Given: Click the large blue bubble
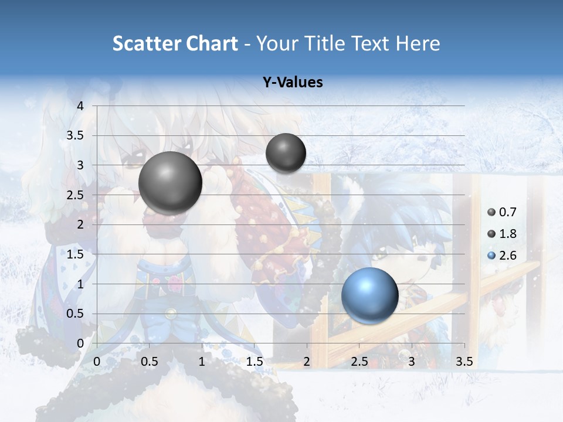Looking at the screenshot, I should (369, 296).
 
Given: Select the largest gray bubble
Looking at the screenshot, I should (170, 183).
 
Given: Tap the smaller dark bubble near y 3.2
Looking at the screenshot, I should (286, 153).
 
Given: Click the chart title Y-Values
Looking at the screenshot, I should (292, 83).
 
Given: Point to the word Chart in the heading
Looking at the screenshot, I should (212, 43).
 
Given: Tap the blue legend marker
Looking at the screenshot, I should (491, 256).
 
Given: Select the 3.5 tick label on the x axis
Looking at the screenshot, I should (464, 362).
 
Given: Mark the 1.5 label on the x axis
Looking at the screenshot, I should (254, 362).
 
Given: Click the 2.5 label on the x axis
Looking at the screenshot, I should (359, 362).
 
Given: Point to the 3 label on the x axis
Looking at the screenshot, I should (412, 362).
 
